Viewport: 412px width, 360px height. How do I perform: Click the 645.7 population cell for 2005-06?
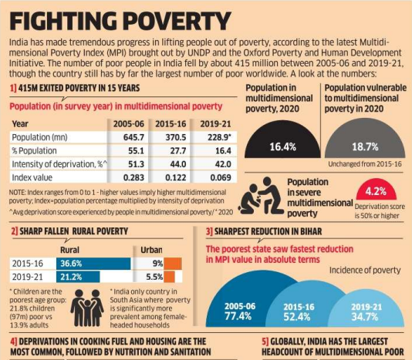click(133, 137)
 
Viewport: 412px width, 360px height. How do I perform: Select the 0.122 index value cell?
click(175, 177)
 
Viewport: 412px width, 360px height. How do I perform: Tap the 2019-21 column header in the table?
click(215, 123)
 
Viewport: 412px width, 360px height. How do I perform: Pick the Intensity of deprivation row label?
click(59, 164)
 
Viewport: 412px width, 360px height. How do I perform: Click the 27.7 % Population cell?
click(178, 151)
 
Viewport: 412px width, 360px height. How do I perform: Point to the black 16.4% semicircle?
click(282, 140)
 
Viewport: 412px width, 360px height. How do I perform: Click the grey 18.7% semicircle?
click(365, 139)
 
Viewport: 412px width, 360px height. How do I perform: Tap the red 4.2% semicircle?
click(376, 190)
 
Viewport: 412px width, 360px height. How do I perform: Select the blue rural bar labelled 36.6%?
click(93, 264)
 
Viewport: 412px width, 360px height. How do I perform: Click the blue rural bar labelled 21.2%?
click(78, 277)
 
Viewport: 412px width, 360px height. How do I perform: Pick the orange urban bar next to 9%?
click(173, 264)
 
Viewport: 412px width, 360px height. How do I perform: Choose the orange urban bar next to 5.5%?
click(170, 277)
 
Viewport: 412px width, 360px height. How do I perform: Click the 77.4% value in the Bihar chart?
click(238, 316)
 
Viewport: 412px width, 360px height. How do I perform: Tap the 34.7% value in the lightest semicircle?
click(365, 317)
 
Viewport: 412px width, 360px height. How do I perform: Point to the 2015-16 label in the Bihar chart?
click(299, 307)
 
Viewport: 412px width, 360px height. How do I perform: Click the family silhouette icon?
click(87, 308)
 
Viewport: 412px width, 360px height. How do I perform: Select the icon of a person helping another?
click(262, 196)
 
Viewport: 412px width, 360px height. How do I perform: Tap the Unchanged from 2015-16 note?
click(365, 164)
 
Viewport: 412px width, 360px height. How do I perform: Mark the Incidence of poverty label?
click(365, 271)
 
